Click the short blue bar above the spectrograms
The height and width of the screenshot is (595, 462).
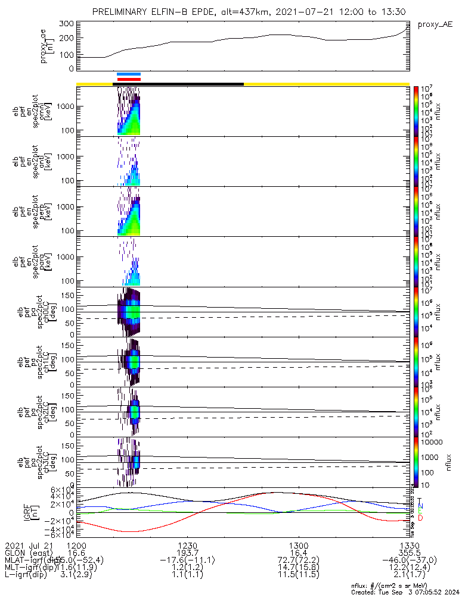point(129,74)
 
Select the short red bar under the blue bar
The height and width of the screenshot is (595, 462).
point(129,79)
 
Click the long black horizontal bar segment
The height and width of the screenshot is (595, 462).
point(178,84)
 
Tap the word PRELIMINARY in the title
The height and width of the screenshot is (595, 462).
point(121,12)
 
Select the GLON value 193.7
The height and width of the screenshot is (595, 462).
point(187,553)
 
